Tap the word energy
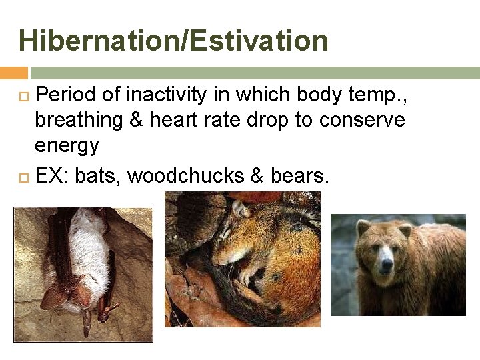click(66, 145)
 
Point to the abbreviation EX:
click(52, 175)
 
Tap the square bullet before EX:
click(24, 176)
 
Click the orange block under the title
click(13, 73)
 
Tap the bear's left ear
click(363, 229)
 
